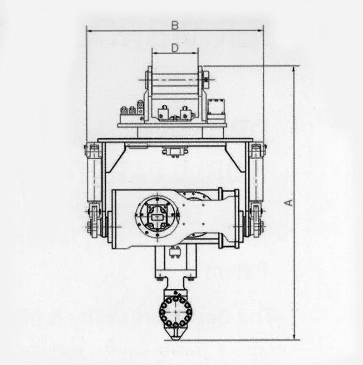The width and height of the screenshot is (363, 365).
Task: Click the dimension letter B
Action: (175, 25)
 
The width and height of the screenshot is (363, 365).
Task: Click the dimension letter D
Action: (175, 48)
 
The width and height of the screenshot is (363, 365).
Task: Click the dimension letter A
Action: (289, 203)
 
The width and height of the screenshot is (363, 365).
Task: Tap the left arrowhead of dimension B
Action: (89, 31)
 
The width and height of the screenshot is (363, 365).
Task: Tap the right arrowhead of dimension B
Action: (261, 31)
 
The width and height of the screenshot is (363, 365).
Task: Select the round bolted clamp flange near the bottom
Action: (176, 311)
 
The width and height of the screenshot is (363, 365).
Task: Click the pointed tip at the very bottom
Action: (176, 340)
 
